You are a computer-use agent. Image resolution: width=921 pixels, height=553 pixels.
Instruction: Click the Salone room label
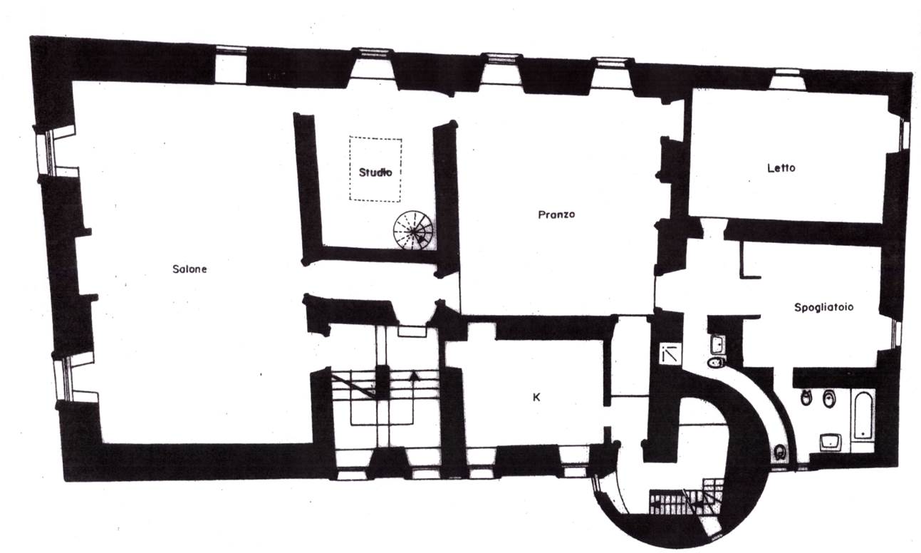(189, 269)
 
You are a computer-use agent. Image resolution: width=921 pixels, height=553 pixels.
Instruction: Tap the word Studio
(375, 172)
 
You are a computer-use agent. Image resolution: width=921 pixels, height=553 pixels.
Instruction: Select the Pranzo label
(557, 215)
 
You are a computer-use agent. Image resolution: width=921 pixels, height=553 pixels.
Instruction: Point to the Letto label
(781, 168)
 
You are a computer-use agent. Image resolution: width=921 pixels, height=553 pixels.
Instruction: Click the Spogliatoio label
(823, 307)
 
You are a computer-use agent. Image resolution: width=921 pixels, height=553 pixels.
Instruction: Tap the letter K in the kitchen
(536, 398)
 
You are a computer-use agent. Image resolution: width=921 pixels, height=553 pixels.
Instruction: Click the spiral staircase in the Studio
(413, 230)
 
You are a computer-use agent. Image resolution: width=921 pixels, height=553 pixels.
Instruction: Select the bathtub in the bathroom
(863, 415)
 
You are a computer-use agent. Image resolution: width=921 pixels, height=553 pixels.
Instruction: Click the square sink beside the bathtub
(831, 443)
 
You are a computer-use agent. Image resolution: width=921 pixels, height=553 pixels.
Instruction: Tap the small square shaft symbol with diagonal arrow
(670, 354)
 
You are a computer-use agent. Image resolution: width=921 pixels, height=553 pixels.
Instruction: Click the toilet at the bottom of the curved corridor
(779, 453)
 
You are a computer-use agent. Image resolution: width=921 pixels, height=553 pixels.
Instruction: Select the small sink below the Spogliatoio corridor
(718, 344)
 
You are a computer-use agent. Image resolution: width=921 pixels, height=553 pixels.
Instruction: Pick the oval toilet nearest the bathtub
(828, 398)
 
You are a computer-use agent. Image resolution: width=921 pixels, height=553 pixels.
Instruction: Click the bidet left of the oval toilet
(806, 398)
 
